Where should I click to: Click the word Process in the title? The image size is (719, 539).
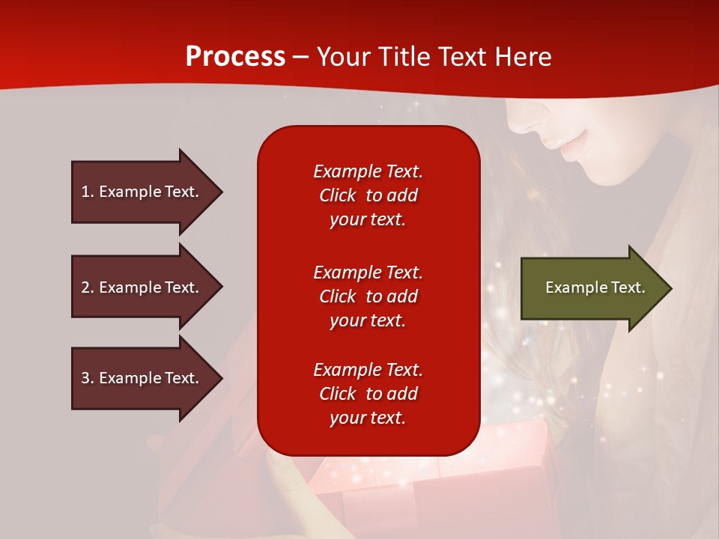click(x=235, y=57)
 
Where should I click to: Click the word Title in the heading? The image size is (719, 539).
click(x=405, y=57)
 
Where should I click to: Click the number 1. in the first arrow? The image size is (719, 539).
click(x=88, y=192)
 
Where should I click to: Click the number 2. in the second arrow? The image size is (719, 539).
click(x=88, y=287)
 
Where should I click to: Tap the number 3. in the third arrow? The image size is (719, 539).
click(x=88, y=378)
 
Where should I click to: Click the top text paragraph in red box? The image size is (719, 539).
click(x=368, y=195)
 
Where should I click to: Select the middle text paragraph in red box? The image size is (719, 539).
click(x=368, y=296)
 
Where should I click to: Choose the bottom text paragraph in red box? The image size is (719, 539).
click(x=368, y=394)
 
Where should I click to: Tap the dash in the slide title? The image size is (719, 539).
click(x=301, y=57)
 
